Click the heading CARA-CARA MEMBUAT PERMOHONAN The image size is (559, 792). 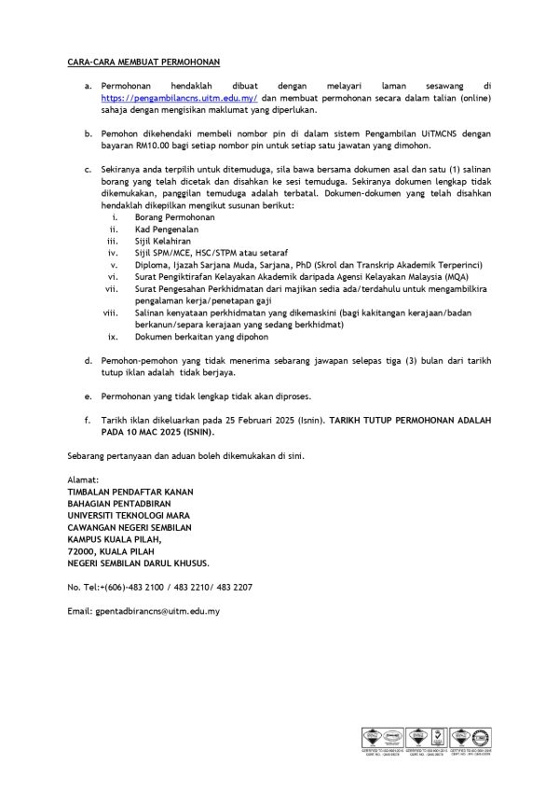[143, 62]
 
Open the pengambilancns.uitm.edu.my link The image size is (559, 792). [179, 97]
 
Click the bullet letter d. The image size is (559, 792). [88, 359]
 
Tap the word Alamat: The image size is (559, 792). [83, 479]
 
